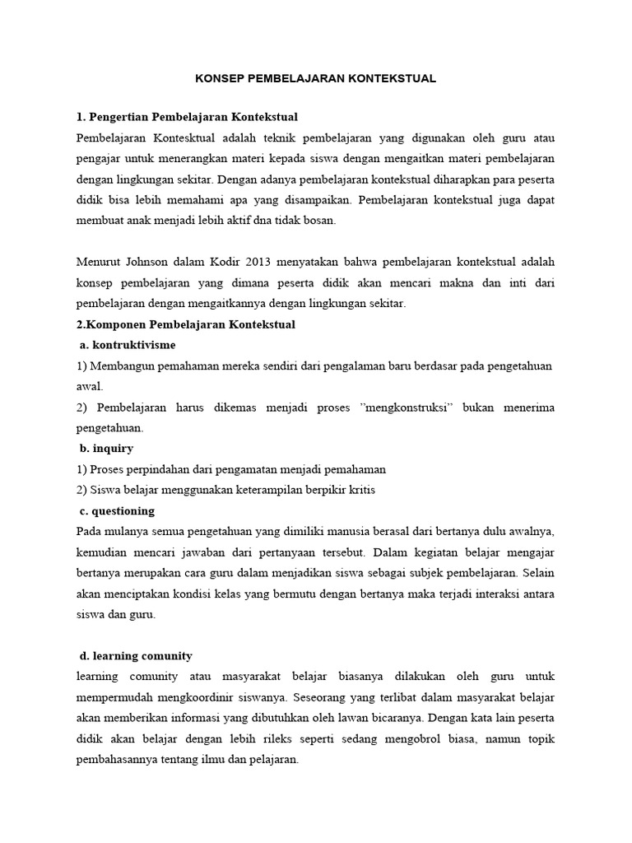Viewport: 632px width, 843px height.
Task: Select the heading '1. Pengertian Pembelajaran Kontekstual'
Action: tap(186, 116)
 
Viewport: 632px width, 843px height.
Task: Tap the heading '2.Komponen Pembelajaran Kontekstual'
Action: tap(185, 324)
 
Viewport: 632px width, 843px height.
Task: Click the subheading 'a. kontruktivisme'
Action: tap(128, 344)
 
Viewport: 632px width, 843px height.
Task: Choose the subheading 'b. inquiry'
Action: tap(106, 448)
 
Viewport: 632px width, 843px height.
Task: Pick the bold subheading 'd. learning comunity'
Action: tap(136, 655)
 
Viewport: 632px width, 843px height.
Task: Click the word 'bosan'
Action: tap(318, 221)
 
